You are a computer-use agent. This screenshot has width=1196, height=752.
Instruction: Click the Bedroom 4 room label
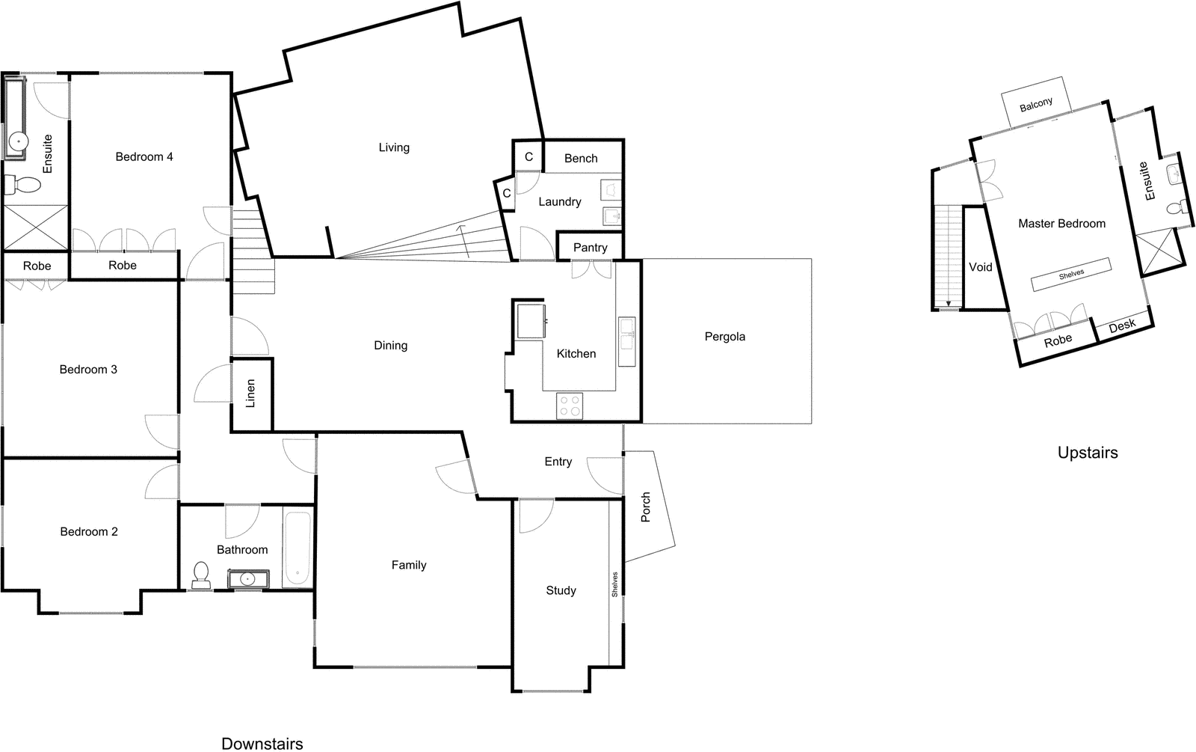(144, 156)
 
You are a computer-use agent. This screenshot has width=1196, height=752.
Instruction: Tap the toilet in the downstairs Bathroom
(200, 574)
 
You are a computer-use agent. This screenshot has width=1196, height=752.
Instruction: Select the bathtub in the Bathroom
(297, 548)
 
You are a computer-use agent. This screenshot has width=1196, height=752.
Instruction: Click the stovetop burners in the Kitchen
(570, 406)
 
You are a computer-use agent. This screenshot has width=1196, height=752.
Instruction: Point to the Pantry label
(590, 248)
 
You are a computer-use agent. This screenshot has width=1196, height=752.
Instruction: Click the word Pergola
(724, 337)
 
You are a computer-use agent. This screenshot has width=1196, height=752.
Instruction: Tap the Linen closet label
(251, 394)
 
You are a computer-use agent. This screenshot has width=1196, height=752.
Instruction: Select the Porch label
(646, 507)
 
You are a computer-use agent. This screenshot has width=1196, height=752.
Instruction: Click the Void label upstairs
(980, 267)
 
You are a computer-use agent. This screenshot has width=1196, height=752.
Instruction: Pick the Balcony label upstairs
(1036, 104)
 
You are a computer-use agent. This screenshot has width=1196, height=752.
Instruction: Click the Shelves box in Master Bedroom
(1070, 275)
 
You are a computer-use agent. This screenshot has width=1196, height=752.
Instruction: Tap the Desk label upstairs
(1121, 325)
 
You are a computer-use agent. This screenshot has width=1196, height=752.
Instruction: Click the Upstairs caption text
(1087, 453)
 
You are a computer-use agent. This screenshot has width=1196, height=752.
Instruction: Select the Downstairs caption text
(262, 743)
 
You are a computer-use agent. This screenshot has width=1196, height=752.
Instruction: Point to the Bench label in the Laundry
(581, 159)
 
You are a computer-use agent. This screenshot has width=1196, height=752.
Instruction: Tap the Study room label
(561, 590)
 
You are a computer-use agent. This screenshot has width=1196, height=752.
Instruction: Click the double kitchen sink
(626, 335)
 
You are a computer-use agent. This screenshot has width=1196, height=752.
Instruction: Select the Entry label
(558, 462)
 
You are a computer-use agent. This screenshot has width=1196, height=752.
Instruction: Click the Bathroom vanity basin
(247, 579)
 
